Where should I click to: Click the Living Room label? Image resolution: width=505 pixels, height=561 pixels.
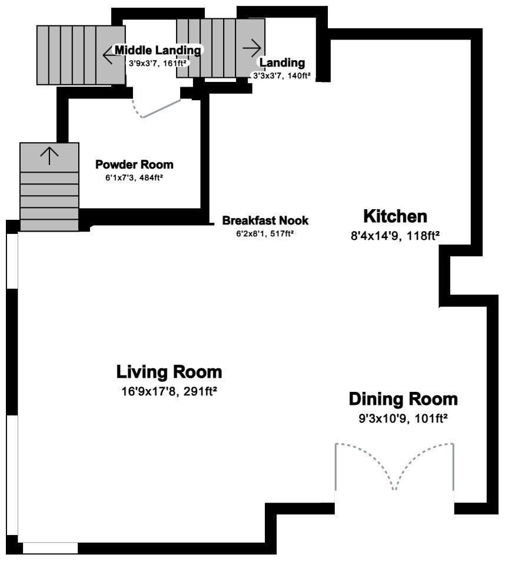(x=169, y=372)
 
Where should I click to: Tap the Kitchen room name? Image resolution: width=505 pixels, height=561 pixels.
(x=395, y=216)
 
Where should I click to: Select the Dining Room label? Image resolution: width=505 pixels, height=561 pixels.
(x=403, y=400)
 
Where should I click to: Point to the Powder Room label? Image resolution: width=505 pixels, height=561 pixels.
(x=134, y=164)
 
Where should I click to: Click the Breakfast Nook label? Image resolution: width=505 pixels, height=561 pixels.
(x=265, y=220)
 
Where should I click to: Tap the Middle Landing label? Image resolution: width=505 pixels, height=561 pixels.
(x=158, y=50)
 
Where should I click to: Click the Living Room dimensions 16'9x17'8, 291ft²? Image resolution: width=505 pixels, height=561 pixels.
(x=169, y=391)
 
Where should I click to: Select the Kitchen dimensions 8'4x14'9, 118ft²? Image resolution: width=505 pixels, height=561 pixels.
(x=395, y=236)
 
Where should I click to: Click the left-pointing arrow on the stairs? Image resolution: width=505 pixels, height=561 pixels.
(x=109, y=55)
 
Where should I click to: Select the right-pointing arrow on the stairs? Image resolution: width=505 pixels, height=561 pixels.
(x=252, y=48)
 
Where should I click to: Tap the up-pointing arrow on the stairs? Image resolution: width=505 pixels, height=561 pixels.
(x=49, y=156)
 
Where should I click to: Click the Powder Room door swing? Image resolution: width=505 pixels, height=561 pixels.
(x=157, y=108)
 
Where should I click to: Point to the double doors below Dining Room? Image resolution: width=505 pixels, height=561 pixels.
(x=394, y=467)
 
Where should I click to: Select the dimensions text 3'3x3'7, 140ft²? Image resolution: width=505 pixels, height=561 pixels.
(x=281, y=75)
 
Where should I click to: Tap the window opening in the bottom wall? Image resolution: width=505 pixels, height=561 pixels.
(x=51, y=548)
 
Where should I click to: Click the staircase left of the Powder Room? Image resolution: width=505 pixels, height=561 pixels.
(x=49, y=187)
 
